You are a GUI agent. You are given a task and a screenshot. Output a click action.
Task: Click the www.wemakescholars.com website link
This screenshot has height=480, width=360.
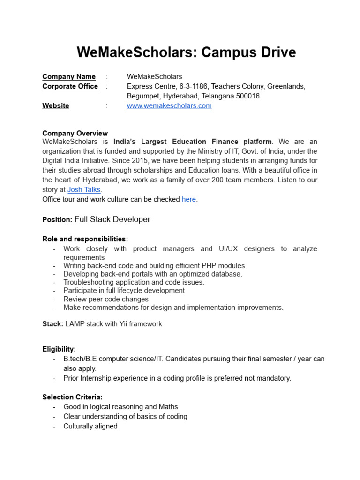click(x=169, y=106)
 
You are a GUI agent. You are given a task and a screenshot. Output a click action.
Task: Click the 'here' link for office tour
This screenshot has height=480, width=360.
click(x=188, y=199)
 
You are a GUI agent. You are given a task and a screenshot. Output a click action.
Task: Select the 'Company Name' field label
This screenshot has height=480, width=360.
click(x=69, y=76)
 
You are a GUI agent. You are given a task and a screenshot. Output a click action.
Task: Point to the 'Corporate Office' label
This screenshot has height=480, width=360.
click(x=70, y=86)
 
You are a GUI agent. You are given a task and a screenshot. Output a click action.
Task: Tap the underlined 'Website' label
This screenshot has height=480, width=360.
click(x=56, y=106)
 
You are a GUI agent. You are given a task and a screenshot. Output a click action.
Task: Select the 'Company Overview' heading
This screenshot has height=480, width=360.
click(x=75, y=133)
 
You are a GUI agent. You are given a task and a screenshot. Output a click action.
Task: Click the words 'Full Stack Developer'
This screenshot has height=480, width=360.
click(x=112, y=219)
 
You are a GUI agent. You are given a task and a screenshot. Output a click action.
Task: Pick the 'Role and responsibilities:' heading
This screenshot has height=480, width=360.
click(x=85, y=239)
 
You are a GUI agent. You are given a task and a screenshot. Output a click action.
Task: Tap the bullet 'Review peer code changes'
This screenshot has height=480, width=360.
click(x=106, y=299)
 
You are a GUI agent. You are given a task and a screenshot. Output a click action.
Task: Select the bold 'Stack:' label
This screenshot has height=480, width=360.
click(x=53, y=324)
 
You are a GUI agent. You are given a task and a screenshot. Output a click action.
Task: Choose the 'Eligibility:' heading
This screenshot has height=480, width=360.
click(x=59, y=349)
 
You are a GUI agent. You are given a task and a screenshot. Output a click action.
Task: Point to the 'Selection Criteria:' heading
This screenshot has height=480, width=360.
click(x=72, y=397)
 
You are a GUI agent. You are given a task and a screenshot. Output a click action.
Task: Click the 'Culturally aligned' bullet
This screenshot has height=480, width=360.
click(x=90, y=426)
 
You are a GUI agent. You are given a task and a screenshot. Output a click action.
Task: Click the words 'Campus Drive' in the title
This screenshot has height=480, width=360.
click(x=248, y=52)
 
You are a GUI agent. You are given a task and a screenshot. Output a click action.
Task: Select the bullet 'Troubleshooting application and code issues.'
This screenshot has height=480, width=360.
click(x=134, y=282)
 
